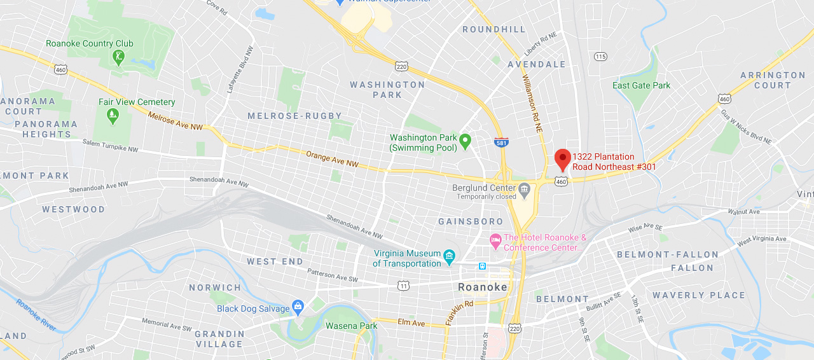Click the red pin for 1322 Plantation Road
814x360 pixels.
point(562,158)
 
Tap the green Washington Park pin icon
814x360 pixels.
point(465,141)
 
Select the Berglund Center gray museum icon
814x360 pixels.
point(524,188)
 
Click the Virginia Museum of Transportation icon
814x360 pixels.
point(450,257)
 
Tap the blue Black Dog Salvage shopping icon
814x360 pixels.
point(298,308)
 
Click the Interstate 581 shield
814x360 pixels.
point(501,142)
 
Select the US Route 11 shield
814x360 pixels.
point(403,286)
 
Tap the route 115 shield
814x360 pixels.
point(600,57)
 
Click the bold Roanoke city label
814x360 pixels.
point(483,287)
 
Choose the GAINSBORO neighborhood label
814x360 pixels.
point(471,221)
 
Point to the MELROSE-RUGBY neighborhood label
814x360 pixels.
point(294,116)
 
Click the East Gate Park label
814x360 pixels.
point(641,85)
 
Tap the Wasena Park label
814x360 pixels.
point(351,326)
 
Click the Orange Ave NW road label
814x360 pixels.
point(332,159)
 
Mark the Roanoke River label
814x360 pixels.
point(37,315)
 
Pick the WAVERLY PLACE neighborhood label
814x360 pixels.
point(698,295)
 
